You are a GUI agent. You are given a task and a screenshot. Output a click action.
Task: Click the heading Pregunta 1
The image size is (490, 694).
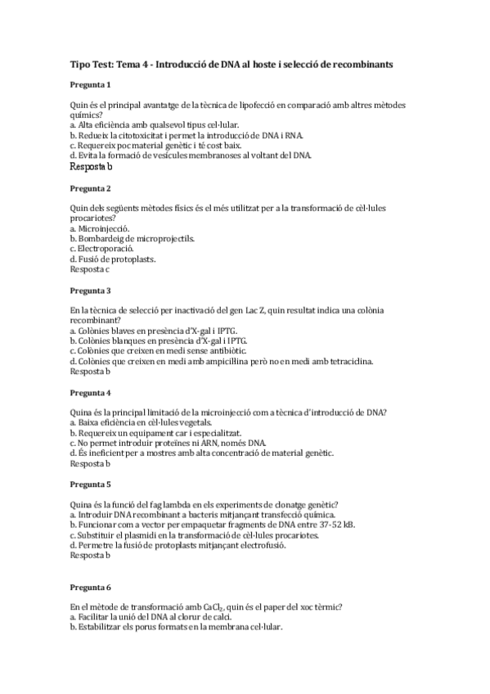[91, 85]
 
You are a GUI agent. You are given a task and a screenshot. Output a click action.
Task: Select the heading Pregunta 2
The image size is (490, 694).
[91, 188]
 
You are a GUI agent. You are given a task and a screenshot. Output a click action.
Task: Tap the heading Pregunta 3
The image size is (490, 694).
[91, 291]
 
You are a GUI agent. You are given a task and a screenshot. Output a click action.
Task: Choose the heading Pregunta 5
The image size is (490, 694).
[91, 484]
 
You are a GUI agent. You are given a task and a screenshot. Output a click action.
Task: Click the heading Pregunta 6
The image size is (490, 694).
[91, 588]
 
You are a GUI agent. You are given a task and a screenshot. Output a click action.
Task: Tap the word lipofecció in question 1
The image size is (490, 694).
[248, 106]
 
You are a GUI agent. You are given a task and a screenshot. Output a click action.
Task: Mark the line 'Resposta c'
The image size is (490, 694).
[90, 268]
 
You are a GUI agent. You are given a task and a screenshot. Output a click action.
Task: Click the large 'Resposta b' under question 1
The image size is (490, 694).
[92, 166]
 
